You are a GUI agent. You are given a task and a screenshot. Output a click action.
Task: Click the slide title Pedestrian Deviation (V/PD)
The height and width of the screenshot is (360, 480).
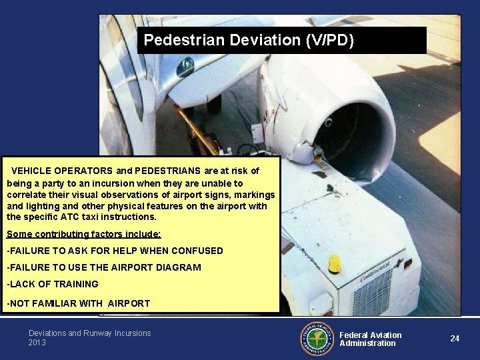coord(249,40)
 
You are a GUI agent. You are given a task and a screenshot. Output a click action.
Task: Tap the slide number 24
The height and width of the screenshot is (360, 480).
coord(455,338)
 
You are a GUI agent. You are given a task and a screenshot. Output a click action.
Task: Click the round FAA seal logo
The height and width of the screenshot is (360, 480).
coord(316,339)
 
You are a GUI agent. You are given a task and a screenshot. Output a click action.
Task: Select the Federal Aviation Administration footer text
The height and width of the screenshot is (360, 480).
coord(371,339)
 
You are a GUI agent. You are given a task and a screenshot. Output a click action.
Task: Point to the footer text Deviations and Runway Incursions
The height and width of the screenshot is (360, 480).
coord(89,333)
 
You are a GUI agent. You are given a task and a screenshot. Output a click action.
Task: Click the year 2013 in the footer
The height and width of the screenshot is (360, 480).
coord(37,343)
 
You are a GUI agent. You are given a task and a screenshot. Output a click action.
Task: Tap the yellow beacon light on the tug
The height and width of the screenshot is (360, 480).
coord(335,264)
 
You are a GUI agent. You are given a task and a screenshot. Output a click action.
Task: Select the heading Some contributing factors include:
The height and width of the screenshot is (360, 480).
coord(83,234)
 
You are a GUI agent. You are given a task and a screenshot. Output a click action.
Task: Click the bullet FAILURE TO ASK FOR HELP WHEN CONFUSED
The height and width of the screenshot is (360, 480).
coord(115,251)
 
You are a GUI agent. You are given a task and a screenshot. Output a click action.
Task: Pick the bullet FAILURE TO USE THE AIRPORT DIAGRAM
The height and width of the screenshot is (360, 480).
coord(103,267)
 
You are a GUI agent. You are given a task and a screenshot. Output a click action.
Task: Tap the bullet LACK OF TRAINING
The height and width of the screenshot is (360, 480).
coord(52,284)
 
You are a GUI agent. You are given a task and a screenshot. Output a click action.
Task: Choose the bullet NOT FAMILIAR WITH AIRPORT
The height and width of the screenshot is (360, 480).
coord(78,303)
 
